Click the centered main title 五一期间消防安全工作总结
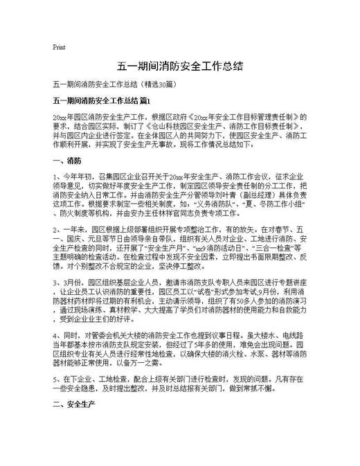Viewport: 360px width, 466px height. (179, 66)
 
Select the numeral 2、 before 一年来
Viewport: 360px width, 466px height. (57, 228)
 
